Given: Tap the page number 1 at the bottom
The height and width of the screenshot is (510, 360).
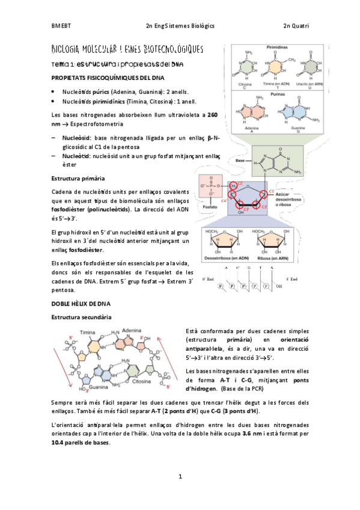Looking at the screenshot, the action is pos(180,476).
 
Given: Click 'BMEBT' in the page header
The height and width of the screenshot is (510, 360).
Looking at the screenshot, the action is pos(60,26).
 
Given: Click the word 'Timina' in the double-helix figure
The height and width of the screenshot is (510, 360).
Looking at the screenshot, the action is pos(88,332).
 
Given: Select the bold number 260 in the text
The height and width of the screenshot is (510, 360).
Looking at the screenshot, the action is pos(212,114).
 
